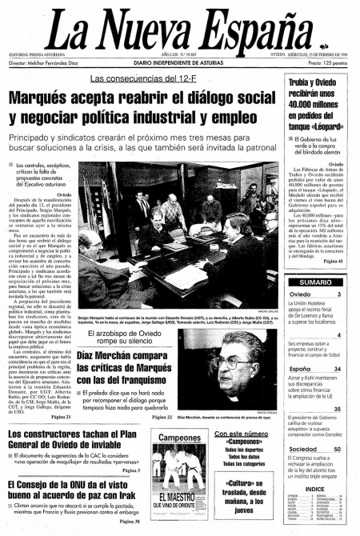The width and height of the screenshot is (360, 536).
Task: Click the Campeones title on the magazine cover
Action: coord(178,438)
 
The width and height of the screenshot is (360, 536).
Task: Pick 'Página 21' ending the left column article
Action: coord(60,417)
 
